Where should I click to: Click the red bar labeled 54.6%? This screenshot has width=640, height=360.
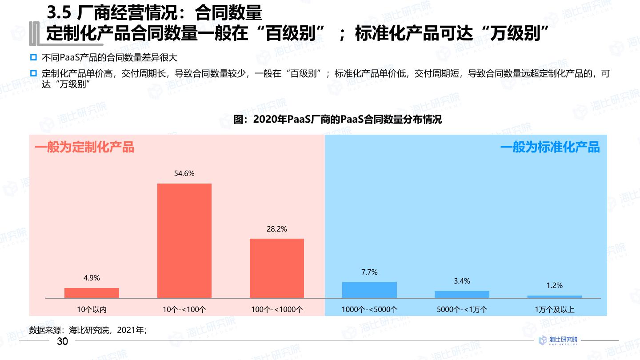click(184, 240)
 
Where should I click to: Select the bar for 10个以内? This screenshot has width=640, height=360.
click(92, 293)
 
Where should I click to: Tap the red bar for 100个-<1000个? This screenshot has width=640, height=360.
click(276, 268)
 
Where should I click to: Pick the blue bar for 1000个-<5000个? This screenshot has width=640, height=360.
click(369, 290)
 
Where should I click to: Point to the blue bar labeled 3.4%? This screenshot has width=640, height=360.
click(462, 294)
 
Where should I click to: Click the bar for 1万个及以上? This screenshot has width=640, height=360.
click(554, 296)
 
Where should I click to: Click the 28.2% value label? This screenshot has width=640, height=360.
click(276, 229)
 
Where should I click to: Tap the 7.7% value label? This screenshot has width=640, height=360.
click(369, 272)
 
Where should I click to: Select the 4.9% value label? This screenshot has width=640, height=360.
click(92, 278)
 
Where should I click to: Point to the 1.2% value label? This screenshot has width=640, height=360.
click(554, 285)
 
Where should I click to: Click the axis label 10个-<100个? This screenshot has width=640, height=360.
click(184, 309)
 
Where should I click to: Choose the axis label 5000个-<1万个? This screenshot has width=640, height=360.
click(462, 309)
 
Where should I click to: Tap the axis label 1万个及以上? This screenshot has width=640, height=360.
click(554, 309)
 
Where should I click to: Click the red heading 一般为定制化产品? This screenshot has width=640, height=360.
click(84, 147)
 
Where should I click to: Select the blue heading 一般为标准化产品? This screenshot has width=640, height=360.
click(550, 147)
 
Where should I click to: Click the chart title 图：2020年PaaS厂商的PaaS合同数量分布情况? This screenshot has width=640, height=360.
click(338, 119)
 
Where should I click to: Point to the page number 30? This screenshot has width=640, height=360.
click(62, 341)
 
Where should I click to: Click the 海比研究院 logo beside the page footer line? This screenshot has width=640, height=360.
click(558, 340)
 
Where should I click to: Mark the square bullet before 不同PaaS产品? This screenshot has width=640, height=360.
click(33, 58)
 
